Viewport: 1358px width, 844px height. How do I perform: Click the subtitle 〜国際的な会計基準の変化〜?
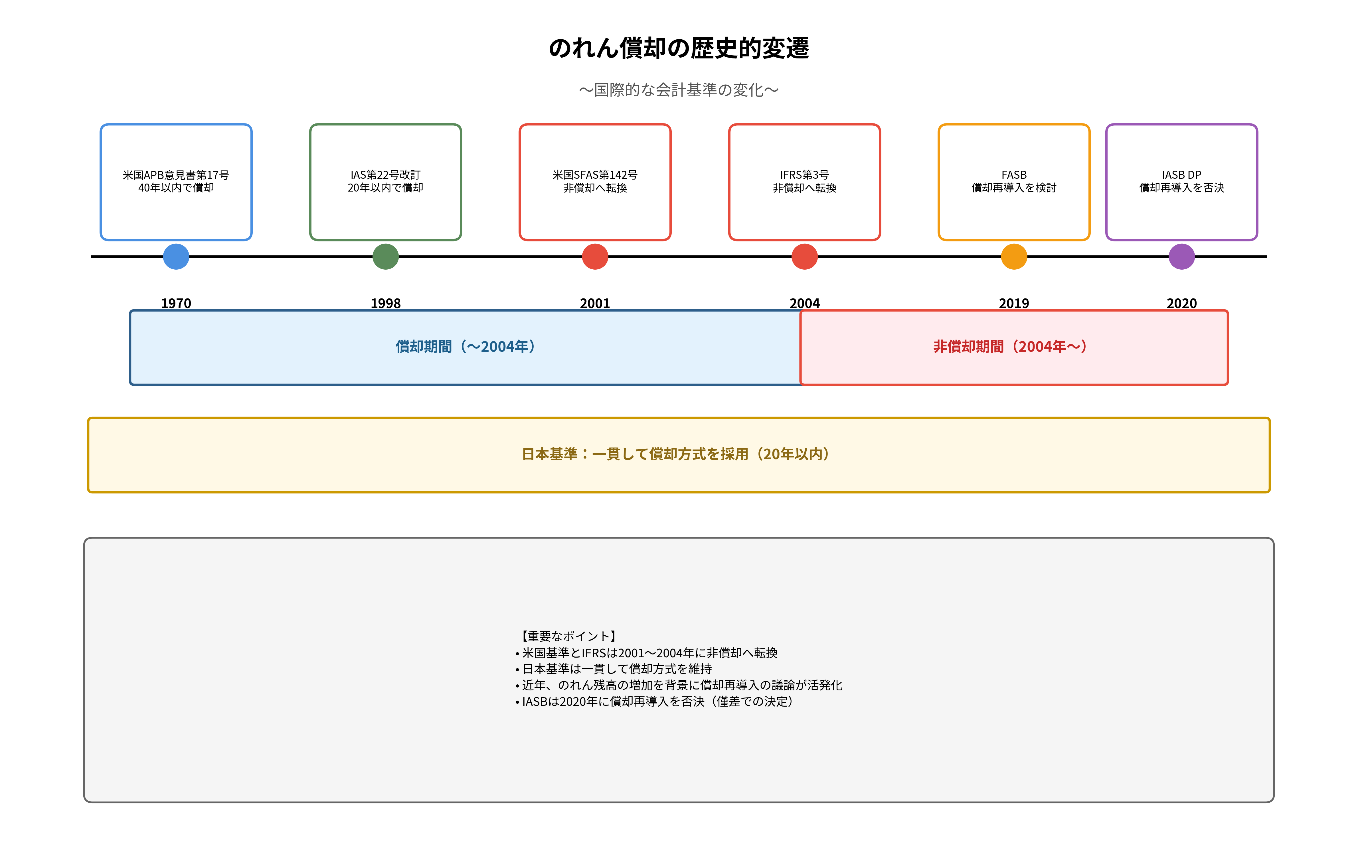pyautogui.click(x=679, y=90)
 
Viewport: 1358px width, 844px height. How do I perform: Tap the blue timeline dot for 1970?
pyautogui.click(x=176, y=257)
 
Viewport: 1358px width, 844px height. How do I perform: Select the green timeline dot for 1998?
pyautogui.click(x=385, y=257)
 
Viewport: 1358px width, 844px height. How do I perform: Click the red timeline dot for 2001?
pyautogui.click(x=595, y=257)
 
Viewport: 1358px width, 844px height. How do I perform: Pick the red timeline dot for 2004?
pyautogui.click(x=804, y=257)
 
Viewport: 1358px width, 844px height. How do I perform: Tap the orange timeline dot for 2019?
pyautogui.click(x=1014, y=257)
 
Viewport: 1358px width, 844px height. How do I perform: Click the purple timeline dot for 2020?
pyautogui.click(x=1181, y=257)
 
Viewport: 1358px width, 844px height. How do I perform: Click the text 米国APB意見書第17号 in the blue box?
pyautogui.click(x=176, y=175)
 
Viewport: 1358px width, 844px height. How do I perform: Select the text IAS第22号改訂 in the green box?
pyautogui.click(x=385, y=175)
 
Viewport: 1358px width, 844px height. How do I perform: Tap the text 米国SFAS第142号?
pyautogui.click(x=595, y=175)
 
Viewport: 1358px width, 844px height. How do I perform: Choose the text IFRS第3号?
pyautogui.click(x=804, y=175)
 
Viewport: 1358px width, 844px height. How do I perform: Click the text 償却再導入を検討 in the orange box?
pyautogui.click(x=1014, y=188)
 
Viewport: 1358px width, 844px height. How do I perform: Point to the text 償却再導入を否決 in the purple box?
pyautogui.click(x=1181, y=188)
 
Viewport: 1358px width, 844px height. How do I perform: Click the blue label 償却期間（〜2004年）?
pyautogui.click(x=465, y=347)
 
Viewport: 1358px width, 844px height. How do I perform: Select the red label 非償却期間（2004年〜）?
pyautogui.click(x=1010, y=347)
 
